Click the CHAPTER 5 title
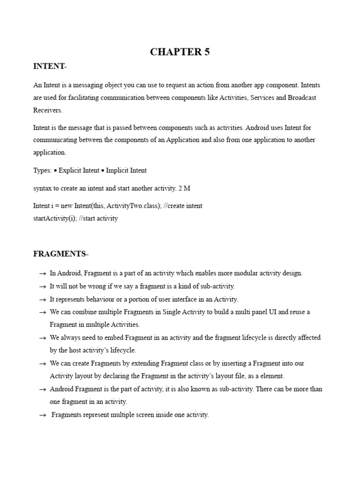180,52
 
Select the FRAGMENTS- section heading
60,254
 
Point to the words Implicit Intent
127,170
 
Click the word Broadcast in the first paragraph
302,97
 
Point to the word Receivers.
47,110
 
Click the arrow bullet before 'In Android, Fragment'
42,273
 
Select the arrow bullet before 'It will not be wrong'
42,286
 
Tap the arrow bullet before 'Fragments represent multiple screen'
42,415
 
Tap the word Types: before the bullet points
42,170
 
